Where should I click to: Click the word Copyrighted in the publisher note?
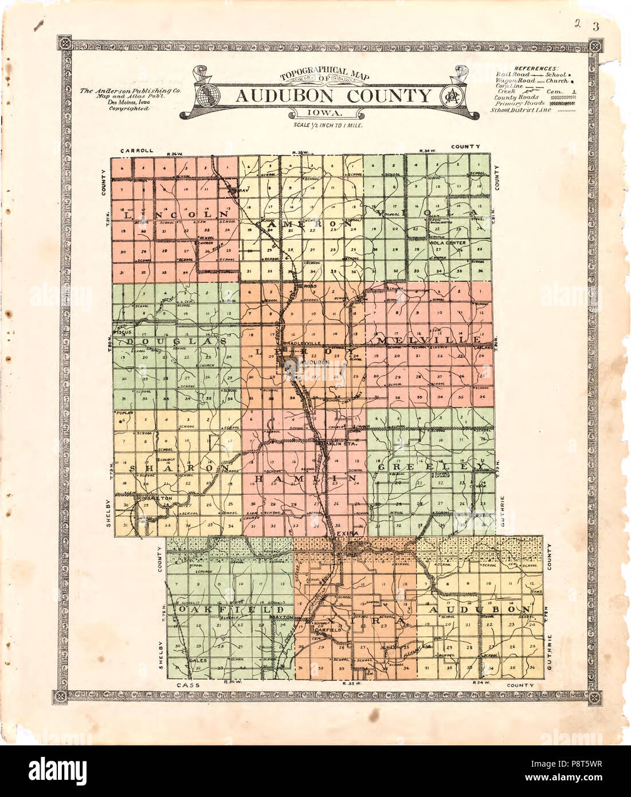[130, 108]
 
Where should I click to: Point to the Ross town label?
[310, 286]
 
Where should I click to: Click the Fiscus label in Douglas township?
[123, 332]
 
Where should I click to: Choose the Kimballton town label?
[154, 499]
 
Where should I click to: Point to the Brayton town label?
[281, 617]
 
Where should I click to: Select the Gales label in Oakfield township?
[197, 660]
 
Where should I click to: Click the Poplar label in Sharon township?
[125, 413]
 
